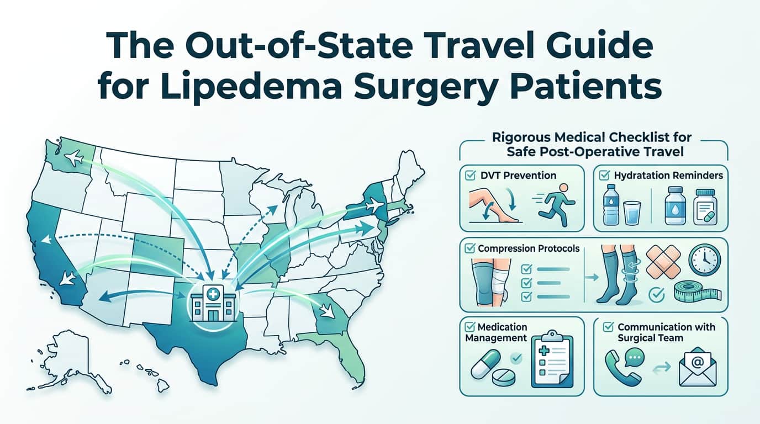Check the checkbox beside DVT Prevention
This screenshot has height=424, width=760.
pyautogui.click(x=471, y=176)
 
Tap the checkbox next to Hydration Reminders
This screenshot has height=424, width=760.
pyautogui.click(x=604, y=176)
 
